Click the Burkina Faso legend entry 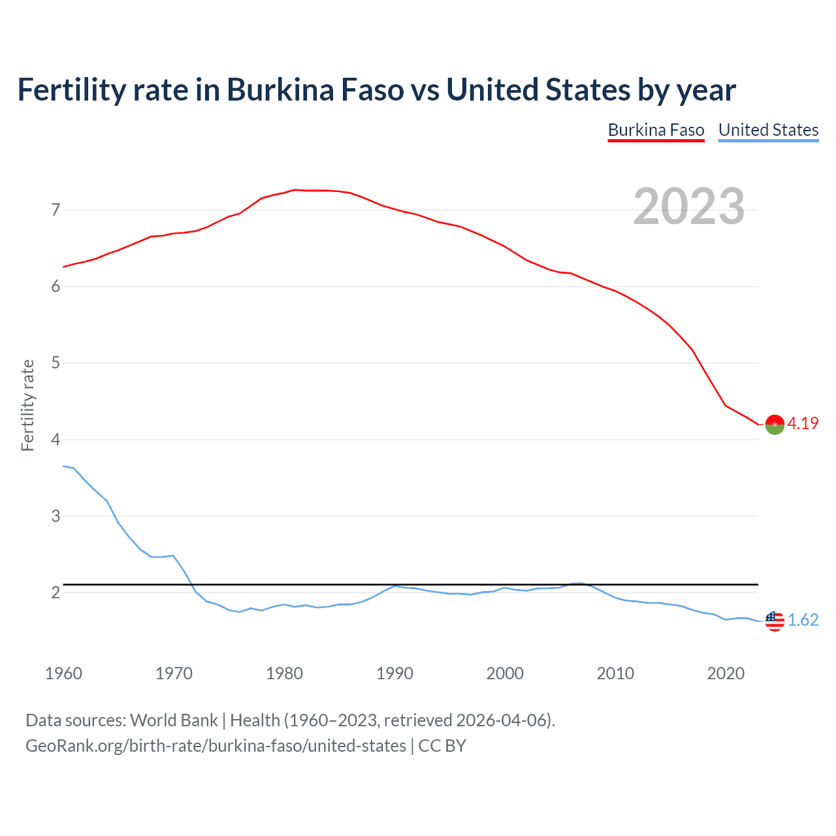[656, 130]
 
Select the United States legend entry [768, 130]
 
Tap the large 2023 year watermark [688, 206]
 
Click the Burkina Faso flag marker [775, 425]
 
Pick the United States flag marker [775, 620]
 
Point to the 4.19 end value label [803, 423]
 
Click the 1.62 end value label [803, 620]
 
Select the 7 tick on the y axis [56, 210]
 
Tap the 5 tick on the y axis [56, 362]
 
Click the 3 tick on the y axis [56, 516]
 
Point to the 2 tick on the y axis [56, 592]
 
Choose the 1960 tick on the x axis [63, 673]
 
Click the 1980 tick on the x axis [284, 673]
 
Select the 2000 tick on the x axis [505, 673]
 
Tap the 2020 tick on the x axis [726, 673]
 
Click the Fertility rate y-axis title [27, 405]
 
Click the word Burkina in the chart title [281, 89]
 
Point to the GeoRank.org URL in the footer [216, 746]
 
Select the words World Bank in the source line [174, 720]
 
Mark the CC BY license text [442, 746]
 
